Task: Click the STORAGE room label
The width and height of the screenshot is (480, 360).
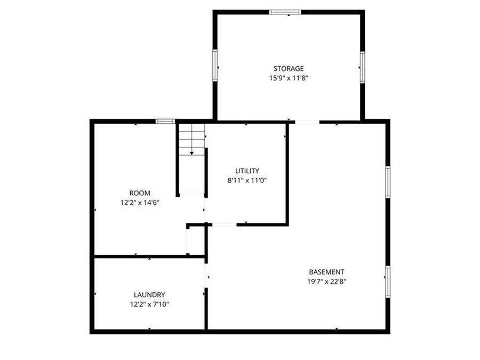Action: tap(289, 68)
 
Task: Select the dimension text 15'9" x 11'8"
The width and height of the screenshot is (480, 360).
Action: tap(289, 78)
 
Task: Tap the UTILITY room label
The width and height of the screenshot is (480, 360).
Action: tap(247, 171)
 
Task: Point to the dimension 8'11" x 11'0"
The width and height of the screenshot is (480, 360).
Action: tap(247, 180)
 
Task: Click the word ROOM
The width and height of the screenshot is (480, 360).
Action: tap(140, 193)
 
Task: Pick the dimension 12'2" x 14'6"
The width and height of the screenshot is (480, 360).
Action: tap(140, 202)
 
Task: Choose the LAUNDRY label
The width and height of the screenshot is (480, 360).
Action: tap(149, 294)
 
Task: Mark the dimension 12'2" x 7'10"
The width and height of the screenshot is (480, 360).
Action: tap(149, 304)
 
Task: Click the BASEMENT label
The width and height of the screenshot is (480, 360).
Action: tap(326, 271)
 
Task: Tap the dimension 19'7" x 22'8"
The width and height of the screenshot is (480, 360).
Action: tap(326, 281)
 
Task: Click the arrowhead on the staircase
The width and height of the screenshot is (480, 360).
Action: tap(191, 153)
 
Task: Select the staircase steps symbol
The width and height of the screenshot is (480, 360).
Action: tap(191, 138)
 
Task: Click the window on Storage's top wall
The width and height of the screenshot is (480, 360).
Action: tap(285, 12)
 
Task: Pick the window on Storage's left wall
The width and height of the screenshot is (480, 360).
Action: tap(215, 66)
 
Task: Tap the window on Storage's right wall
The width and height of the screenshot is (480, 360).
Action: tap(362, 67)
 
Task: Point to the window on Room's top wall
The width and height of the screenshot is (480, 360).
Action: tap(165, 121)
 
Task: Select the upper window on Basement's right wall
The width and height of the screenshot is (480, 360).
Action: tap(388, 182)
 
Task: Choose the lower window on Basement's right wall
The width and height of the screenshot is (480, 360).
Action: tap(388, 282)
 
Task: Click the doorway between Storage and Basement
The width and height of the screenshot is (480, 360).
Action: tap(307, 122)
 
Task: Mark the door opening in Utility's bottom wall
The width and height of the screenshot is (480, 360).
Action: tap(225, 225)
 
